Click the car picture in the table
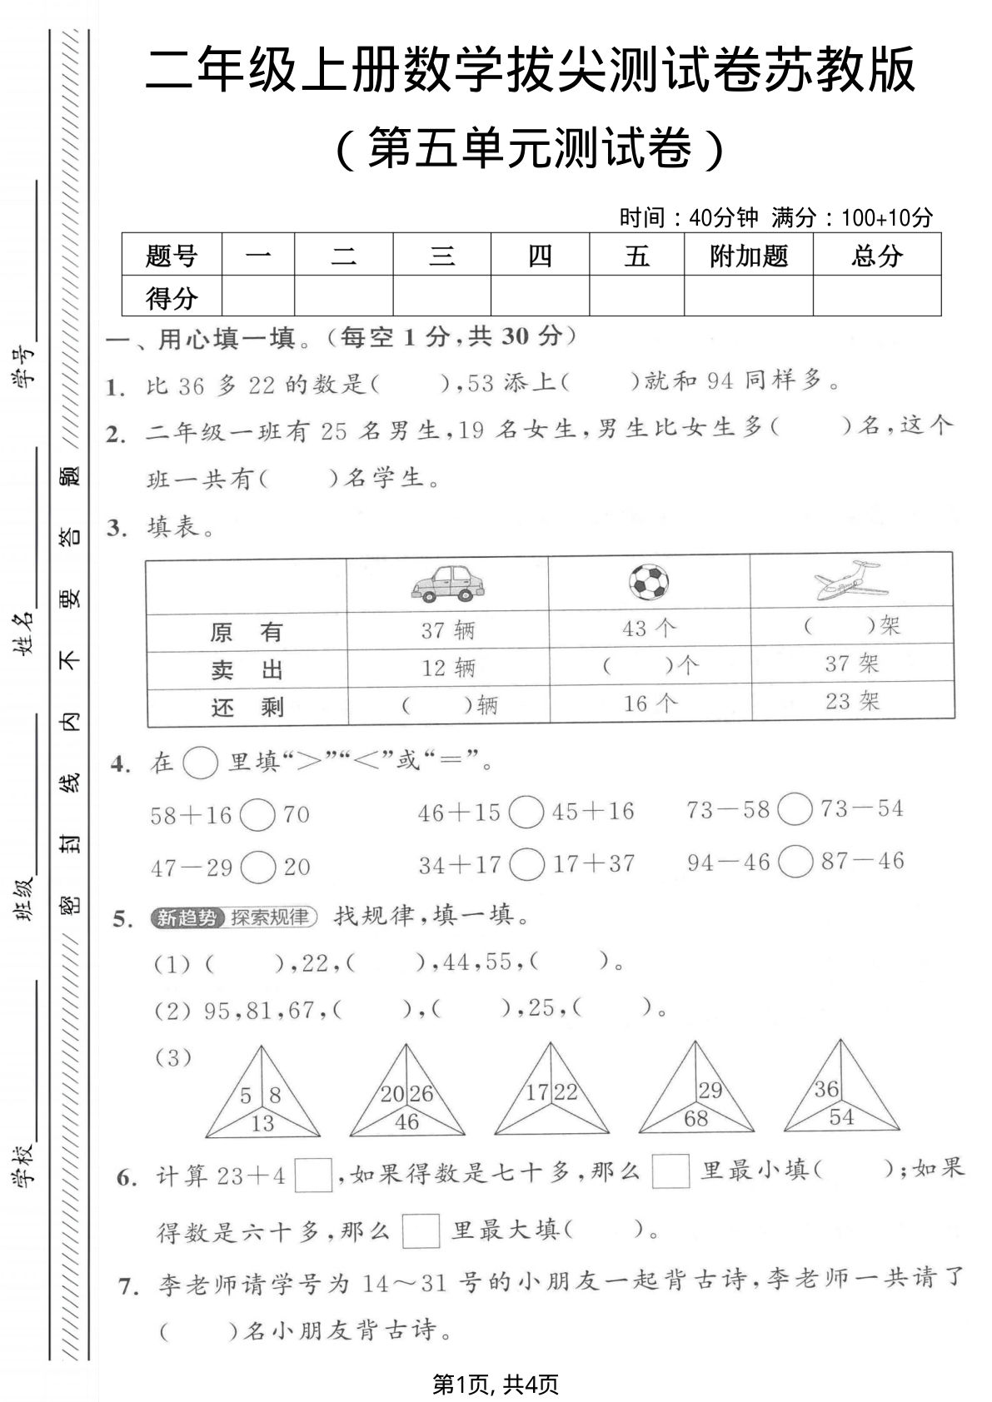tap(447, 582)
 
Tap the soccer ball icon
tap(649, 582)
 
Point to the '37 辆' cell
tap(447, 630)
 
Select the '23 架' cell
tap(852, 701)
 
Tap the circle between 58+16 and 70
tap(257, 815)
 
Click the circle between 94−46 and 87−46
tap(795, 862)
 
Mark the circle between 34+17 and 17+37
tap(526, 864)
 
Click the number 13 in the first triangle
tap(262, 1123)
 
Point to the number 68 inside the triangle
tap(695, 1118)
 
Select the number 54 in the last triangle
tap(841, 1117)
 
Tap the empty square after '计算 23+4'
tap(313, 1176)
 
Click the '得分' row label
tap(172, 297)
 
